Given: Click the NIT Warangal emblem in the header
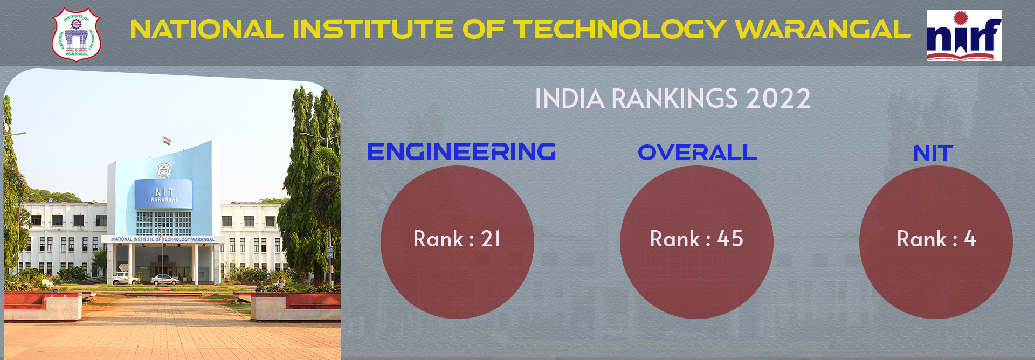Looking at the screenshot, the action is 76,34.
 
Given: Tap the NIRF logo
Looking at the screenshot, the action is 964,36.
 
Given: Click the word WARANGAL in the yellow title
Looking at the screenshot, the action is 823,30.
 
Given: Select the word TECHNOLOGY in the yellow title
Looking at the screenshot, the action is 619,30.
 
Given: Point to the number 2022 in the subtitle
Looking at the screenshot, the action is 778,99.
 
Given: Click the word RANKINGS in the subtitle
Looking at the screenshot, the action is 674,99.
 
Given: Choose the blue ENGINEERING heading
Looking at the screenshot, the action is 461,152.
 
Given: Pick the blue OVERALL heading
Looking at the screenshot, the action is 697,153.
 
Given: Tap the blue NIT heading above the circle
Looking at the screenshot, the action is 933,154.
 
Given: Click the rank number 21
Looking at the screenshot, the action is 491,239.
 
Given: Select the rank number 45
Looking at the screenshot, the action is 730,239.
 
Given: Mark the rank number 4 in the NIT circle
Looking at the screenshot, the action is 970,239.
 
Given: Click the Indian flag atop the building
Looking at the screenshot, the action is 167,141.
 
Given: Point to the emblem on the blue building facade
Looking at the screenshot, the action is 164,170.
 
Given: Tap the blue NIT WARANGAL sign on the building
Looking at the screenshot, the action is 164,195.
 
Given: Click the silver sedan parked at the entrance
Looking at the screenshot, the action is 165,279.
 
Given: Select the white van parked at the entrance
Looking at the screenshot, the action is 126,278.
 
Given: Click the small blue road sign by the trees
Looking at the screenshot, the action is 329,253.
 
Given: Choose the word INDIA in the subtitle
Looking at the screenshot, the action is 570,99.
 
